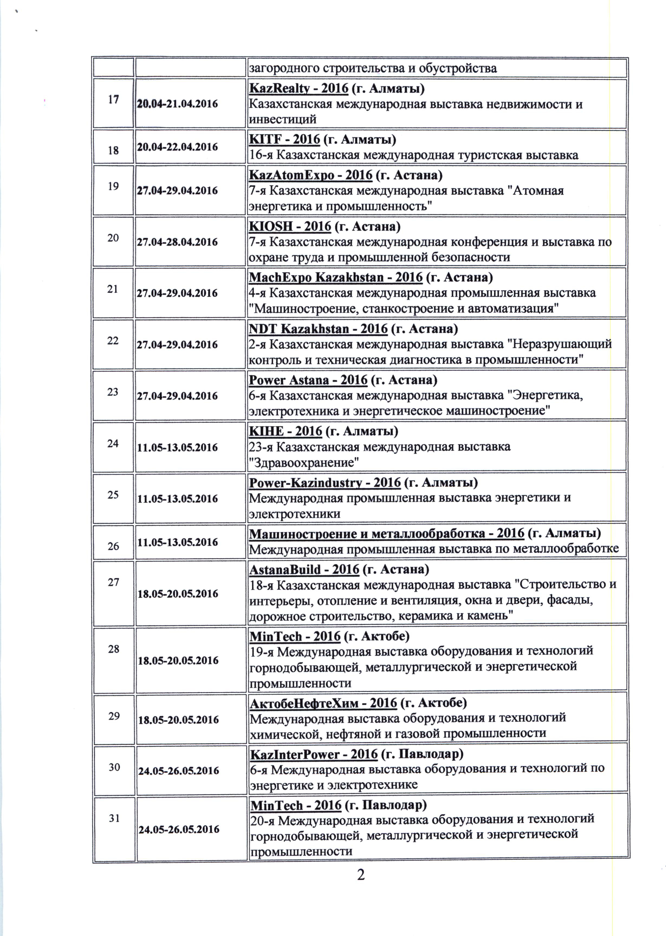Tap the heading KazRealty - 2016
pyautogui.click(x=299, y=89)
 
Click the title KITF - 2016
pyautogui.click(x=284, y=140)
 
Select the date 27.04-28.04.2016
pyautogui.click(x=177, y=242)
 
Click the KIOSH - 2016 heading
pyautogui.click(x=290, y=226)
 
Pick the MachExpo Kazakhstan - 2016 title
pyautogui.click(x=335, y=278)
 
